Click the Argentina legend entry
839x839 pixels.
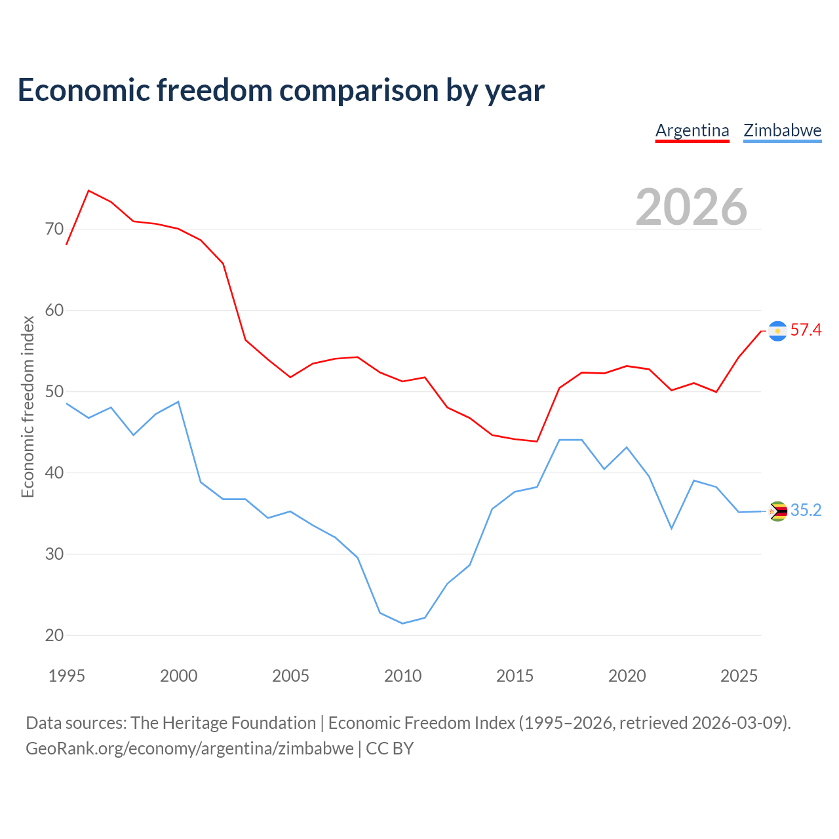pyautogui.click(x=692, y=131)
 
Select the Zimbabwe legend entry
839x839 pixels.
pyautogui.click(x=783, y=131)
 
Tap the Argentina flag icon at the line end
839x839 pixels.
pyautogui.click(x=777, y=331)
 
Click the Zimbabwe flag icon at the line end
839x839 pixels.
pyautogui.click(x=777, y=511)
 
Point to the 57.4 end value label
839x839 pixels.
pyautogui.click(x=806, y=330)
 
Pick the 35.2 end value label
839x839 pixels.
pyautogui.click(x=806, y=510)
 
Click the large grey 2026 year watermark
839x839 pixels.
pyautogui.click(x=692, y=207)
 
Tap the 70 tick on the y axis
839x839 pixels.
pyautogui.click(x=54, y=229)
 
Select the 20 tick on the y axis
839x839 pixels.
pyautogui.click(x=54, y=635)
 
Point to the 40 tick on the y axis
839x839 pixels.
pyautogui.click(x=54, y=473)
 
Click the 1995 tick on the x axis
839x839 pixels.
pyautogui.click(x=67, y=676)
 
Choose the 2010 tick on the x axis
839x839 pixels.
pyautogui.click(x=402, y=676)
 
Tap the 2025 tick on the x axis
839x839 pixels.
pyautogui.click(x=739, y=676)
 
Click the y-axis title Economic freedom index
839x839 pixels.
pyautogui.click(x=28, y=406)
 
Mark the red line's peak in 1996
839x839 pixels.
pyautogui.click(x=89, y=190)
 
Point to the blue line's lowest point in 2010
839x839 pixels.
pyautogui.click(x=402, y=623)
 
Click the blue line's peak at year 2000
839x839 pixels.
pyautogui.click(x=178, y=401)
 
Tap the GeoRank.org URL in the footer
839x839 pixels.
pyautogui.click(x=190, y=749)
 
